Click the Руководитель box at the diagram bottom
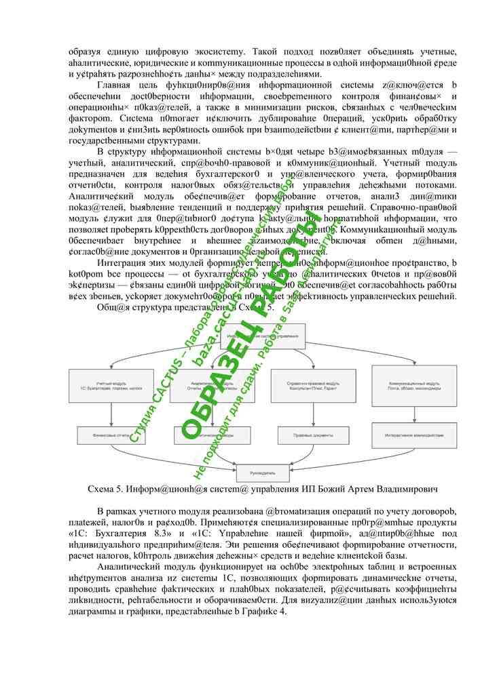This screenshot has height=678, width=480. (262, 472)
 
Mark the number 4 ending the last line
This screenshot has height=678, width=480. (284, 612)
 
